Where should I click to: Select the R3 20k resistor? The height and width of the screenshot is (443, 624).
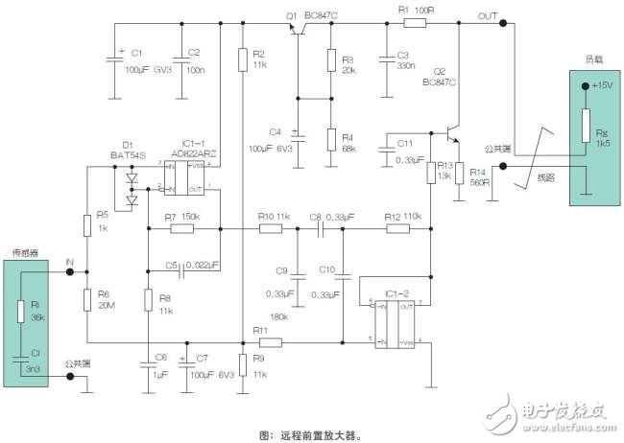(x=331, y=63)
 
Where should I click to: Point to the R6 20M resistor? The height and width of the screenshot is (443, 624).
(x=87, y=299)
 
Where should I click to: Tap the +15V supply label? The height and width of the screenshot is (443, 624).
(x=601, y=86)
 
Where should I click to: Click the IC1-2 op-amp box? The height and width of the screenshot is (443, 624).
(x=393, y=321)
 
